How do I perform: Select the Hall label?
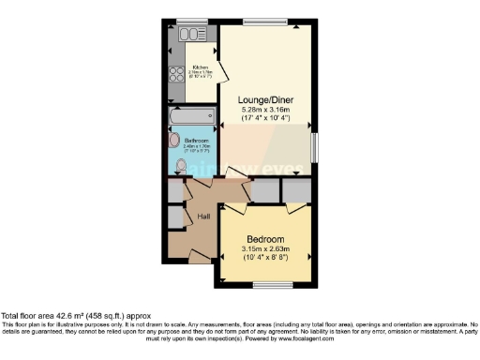(202, 217)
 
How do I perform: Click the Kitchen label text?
(200, 67)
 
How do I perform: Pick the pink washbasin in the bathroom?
(173, 141)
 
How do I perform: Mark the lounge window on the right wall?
(314, 146)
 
